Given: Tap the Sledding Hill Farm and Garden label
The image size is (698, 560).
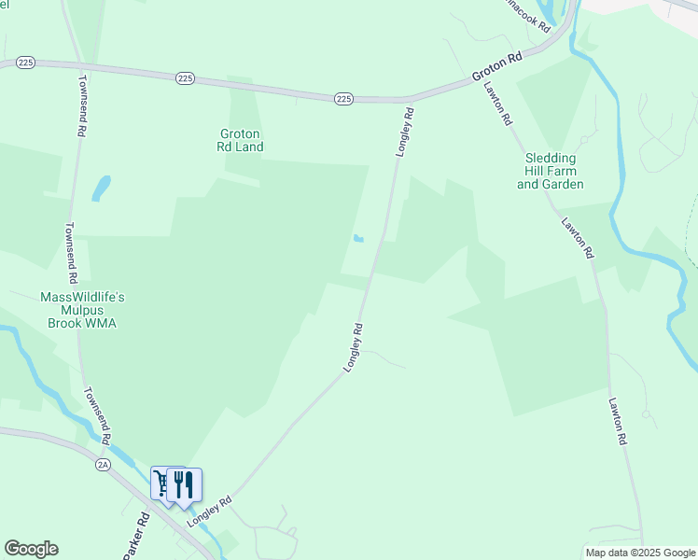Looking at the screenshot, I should pos(551,172).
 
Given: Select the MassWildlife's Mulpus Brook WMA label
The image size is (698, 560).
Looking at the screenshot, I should pos(82,310).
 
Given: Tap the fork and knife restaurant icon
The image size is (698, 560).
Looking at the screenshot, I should pos(185,484).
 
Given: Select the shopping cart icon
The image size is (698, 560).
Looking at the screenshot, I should pos(162,483).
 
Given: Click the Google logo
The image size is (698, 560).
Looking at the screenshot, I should pos(31,549).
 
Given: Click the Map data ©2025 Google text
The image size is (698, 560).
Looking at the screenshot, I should pos(640,553).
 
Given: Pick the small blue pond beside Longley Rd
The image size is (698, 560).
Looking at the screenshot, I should pos(358,239).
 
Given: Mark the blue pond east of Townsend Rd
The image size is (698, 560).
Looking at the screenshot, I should pos(100,189).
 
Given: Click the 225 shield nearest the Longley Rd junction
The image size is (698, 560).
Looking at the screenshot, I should pos(343,98).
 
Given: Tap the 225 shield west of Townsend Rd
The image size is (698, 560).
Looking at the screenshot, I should pos(26,63).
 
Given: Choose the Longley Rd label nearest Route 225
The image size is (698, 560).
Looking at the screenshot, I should pos(404,132).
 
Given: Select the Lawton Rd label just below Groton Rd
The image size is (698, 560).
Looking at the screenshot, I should pos(498,104).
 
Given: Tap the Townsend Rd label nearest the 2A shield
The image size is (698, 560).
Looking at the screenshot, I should pos(97,415).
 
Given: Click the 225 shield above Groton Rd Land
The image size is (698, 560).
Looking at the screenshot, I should pos(184,78).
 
